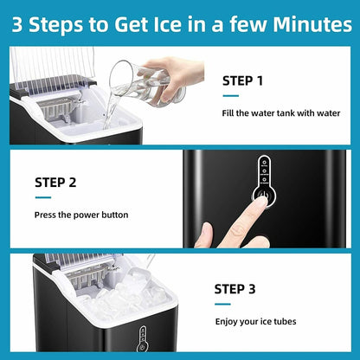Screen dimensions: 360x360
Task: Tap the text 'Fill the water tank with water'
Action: [x=281, y=113]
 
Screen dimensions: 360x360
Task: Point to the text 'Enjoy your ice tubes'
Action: [x=255, y=322]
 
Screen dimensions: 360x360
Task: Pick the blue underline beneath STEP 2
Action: [x=47, y=197]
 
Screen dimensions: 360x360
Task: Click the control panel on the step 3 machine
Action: [x=143, y=340]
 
